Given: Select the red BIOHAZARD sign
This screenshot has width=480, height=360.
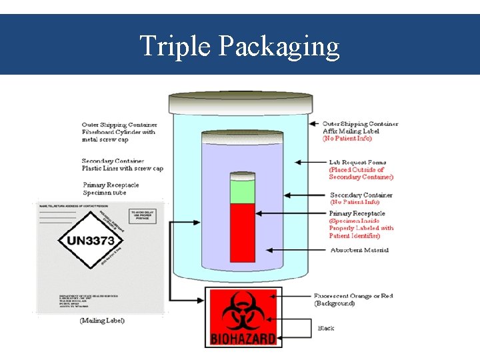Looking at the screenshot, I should pyautogui.click(x=243, y=317).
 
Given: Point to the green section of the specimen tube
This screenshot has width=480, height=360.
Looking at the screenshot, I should pyautogui.click(x=243, y=191).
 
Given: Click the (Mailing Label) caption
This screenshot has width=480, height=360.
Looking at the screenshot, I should pyautogui.click(x=102, y=321).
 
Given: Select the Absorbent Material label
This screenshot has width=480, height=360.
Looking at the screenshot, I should pyautogui.click(x=359, y=250).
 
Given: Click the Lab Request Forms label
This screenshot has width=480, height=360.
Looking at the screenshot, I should pyautogui.click(x=357, y=162).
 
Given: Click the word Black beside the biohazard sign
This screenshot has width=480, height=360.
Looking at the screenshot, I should pyautogui.click(x=326, y=328).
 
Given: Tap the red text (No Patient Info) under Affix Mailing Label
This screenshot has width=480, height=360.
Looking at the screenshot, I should pyautogui.click(x=347, y=139).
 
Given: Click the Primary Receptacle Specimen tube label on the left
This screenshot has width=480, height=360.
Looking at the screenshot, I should pyautogui.click(x=111, y=189).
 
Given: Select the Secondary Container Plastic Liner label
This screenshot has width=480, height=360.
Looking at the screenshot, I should pyautogui.click(x=122, y=165).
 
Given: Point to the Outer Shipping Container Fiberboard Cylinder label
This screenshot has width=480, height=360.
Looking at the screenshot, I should pyautogui.click(x=119, y=132).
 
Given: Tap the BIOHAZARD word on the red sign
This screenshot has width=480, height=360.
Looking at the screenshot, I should pyautogui.click(x=243, y=339).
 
